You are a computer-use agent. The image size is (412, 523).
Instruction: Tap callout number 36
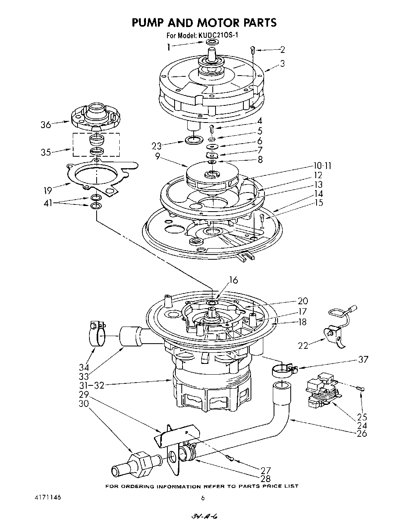click(x=46, y=124)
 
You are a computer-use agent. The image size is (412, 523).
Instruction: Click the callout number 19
click(x=48, y=191)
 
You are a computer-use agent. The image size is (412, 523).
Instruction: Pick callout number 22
click(x=303, y=345)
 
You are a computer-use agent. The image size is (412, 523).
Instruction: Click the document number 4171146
click(x=47, y=498)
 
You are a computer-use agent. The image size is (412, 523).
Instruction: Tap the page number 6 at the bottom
click(x=203, y=498)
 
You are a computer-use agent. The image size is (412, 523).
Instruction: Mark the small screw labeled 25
click(x=360, y=389)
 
